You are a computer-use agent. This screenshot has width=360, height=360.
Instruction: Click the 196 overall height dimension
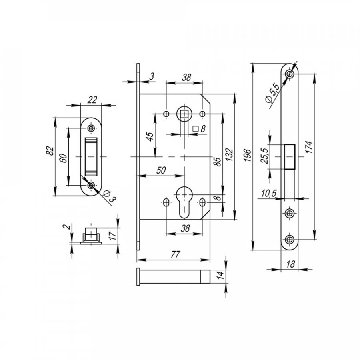(247, 155)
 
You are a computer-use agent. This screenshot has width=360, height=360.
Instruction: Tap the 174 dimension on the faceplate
(309, 147)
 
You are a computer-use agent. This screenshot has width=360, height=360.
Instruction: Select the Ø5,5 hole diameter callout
(272, 94)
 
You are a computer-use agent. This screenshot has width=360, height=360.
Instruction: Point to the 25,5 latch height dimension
(265, 156)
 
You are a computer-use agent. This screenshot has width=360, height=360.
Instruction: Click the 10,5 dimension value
(269, 193)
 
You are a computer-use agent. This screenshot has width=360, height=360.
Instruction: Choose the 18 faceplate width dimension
(290, 264)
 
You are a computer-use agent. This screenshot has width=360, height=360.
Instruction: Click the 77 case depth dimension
(176, 254)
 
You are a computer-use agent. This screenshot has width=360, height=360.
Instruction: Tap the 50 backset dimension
(161, 170)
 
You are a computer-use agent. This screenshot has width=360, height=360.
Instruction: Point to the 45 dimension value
(150, 137)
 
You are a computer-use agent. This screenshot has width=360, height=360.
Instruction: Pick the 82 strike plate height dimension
(50, 151)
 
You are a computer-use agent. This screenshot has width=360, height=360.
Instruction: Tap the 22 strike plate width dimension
(92, 100)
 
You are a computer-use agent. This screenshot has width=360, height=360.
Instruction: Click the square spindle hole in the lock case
(184, 114)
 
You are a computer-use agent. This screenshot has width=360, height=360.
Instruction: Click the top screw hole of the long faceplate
(290, 74)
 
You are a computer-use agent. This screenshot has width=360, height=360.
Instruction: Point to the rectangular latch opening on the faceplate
(290, 157)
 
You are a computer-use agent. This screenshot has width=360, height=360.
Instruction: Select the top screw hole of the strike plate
(91, 128)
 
